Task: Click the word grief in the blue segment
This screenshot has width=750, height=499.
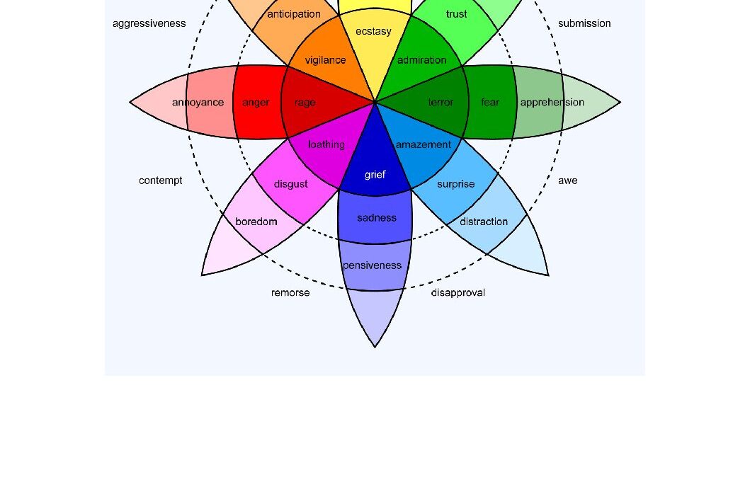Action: coord(375,175)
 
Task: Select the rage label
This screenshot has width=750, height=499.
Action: coord(305,103)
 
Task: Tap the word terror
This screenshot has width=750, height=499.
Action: coord(441,103)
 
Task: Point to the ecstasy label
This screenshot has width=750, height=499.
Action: coord(373,32)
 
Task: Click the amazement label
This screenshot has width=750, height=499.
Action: coord(423,145)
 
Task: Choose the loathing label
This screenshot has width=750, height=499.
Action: coord(326,145)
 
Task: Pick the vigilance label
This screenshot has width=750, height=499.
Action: coord(325,60)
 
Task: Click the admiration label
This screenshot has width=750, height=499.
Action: coord(421,60)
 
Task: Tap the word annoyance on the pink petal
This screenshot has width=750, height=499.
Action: coord(198,103)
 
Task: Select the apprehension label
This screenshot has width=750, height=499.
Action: coord(552,103)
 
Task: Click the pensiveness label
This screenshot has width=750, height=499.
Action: coord(372,265)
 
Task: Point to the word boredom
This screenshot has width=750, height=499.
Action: coord(256,222)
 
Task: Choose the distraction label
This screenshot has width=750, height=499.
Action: coord(484,222)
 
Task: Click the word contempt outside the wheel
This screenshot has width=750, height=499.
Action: coord(160,180)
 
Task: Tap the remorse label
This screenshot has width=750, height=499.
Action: coord(290,293)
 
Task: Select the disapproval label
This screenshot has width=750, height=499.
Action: coord(458,293)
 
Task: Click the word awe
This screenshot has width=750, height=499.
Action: coord(567,180)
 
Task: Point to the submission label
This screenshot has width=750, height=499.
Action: coord(584,23)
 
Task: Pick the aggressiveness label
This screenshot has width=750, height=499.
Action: coord(149,23)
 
